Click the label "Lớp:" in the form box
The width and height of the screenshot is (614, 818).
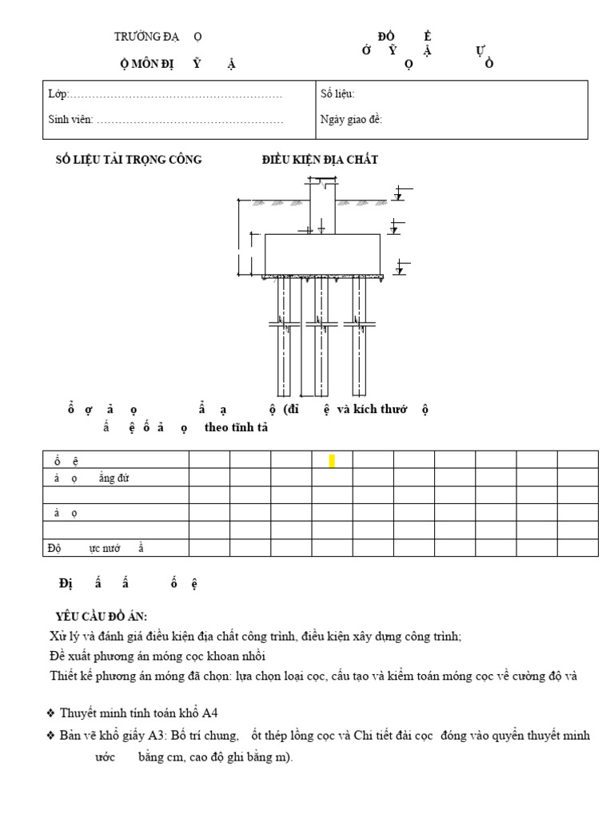tap(58, 94)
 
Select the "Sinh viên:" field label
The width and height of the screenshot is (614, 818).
tap(71, 120)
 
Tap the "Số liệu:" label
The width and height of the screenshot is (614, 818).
tap(337, 94)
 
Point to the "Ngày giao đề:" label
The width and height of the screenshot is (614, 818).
tap(351, 120)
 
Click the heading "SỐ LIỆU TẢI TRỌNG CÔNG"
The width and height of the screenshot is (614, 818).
tap(128, 160)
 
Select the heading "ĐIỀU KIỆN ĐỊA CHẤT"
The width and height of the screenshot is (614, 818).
tap(320, 160)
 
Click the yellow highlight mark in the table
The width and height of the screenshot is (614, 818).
tap(332, 461)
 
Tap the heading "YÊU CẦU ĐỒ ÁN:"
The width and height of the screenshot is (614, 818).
tap(101, 617)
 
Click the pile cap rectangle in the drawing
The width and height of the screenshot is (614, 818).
tap(321, 254)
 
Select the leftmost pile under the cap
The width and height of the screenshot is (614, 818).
tap(284, 336)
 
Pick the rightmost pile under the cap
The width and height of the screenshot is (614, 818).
tap(359, 336)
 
